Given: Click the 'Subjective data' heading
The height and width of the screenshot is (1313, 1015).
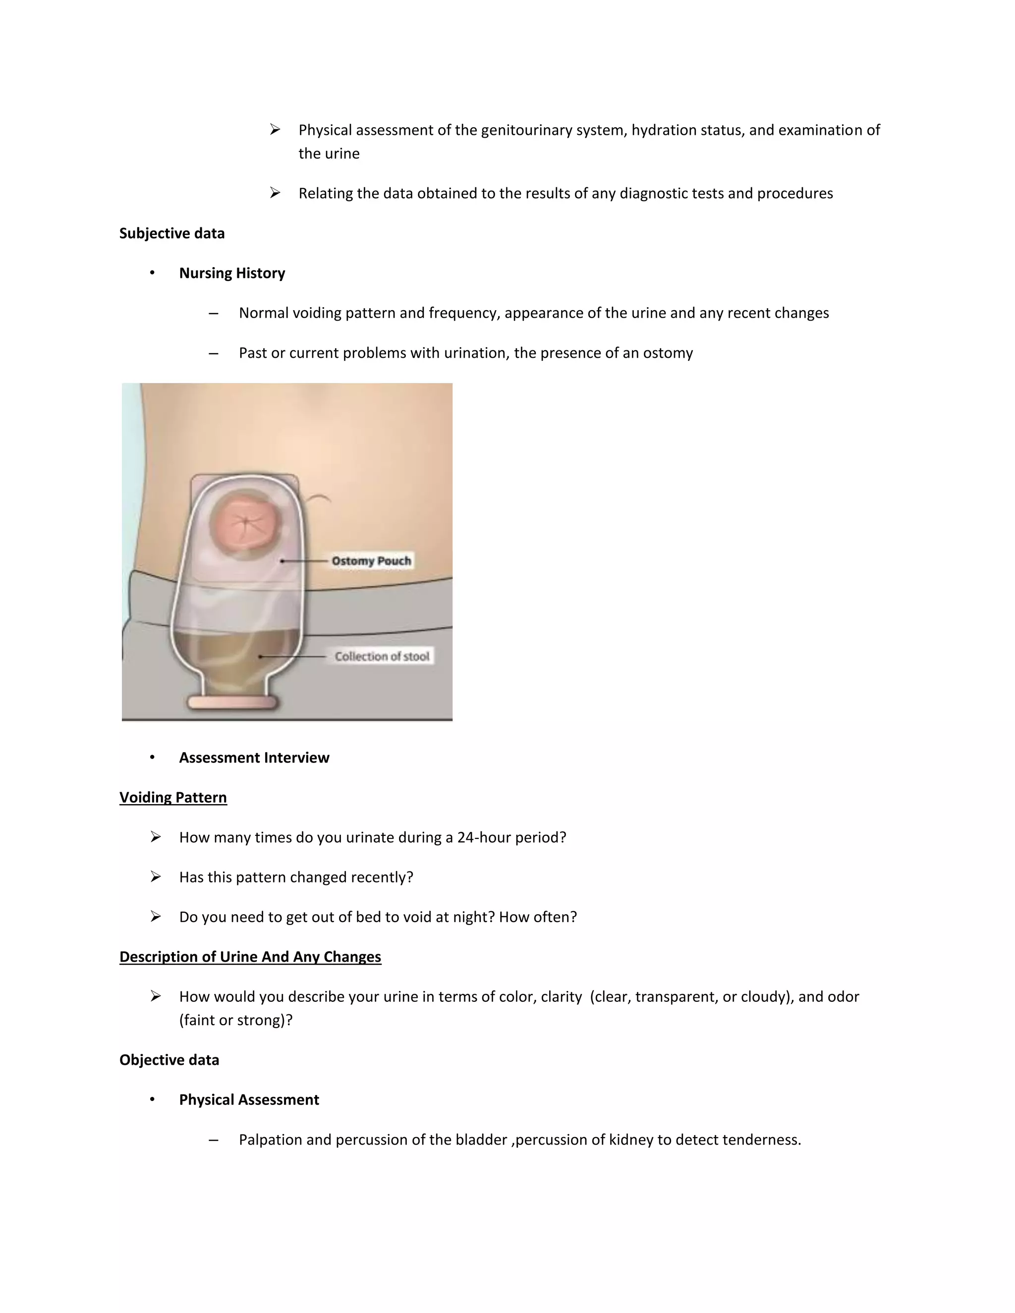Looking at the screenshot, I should [x=171, y=233].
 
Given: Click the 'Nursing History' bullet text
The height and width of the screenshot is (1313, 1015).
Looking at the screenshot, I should [x=231, y=273].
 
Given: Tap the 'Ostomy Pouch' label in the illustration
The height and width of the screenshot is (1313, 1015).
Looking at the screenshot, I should [x=371, y=561].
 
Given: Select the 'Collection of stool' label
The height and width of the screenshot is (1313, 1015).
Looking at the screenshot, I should [x=382, y=656].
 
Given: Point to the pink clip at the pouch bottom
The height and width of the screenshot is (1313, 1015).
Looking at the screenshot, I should [x=232, y=702].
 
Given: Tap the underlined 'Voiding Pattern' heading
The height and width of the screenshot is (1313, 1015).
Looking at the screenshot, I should [x=173, y=797].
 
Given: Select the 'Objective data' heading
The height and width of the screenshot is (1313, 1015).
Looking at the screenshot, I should [x=169, y=1060].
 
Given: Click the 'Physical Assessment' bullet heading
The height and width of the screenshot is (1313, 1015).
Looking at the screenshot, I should [x=249, y=1099].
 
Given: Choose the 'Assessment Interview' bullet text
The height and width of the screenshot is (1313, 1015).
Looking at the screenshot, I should [x=254, y=758].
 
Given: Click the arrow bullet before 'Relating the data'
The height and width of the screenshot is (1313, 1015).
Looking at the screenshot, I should [x=275, y=193].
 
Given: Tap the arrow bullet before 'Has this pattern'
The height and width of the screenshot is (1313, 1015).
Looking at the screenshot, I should [x=156, y=877].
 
